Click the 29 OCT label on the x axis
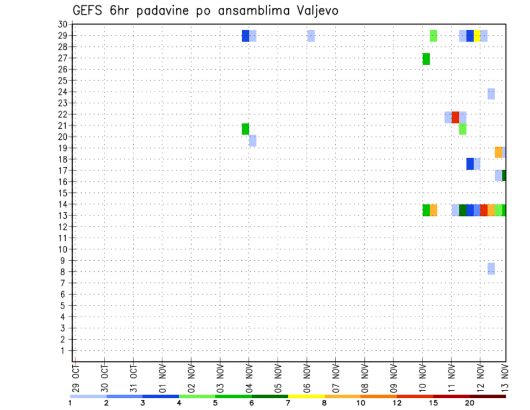click(x=76, y=379)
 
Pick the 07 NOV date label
click(x=336, y=379)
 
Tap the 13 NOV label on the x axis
click(x=505, y=379)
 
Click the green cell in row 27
click(x=426, y=59)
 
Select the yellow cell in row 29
click(x=477, y=36)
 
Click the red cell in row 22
click(x=455, y=117)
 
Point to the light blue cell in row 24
click(x=491, y=94)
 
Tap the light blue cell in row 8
click(x=491, y=269)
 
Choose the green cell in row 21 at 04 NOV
click(x=246, y=129)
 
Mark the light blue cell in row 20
click(x=253, y=140)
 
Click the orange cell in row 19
click(x=499, y=152)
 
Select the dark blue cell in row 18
click(x=470, y=164)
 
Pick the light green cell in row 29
click(x=434, y=36)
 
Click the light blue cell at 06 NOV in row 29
click(x=311, y=36)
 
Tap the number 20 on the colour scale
click(x=470, y=403)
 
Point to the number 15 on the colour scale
click(x=433, y=403)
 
